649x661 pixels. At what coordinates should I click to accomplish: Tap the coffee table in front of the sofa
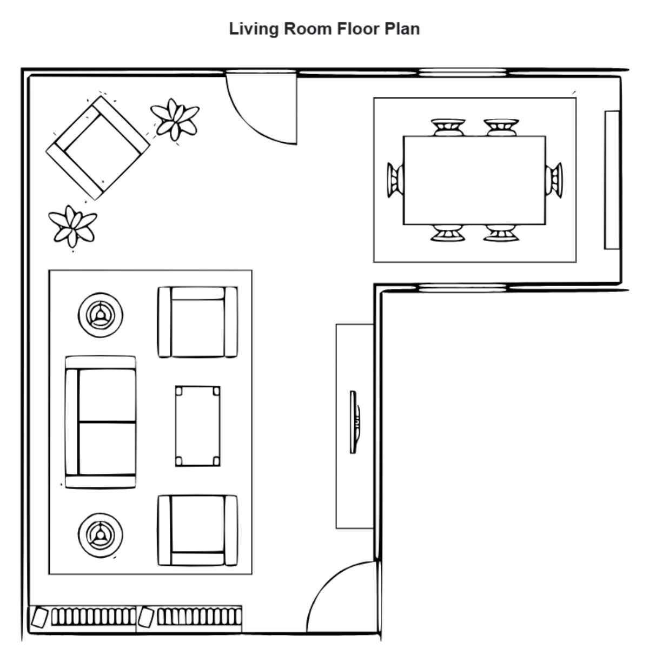tap(197, 426)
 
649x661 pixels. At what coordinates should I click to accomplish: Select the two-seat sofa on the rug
tap(101, 422)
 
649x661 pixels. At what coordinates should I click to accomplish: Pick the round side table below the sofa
tap(100, 532)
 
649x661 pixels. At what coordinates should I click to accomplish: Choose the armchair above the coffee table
tap(197, 322)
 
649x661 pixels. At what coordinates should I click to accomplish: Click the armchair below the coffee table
tap(197, 530)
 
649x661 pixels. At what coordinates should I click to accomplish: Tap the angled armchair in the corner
tap(97, 148)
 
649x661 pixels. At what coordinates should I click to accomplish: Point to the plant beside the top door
tap(174, 119)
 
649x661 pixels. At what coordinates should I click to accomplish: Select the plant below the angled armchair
tap(72, 226)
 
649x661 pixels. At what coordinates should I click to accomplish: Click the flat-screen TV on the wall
tap(354, 422)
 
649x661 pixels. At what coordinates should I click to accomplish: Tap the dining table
tap(474, 180)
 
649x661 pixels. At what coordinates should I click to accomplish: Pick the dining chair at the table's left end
tap(395, 179)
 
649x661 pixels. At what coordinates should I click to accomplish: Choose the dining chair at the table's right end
tap(554, 179)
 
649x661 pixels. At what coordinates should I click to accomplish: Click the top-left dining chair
tap(448, 127)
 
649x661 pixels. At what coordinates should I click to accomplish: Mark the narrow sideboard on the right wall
tap(612, 180)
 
